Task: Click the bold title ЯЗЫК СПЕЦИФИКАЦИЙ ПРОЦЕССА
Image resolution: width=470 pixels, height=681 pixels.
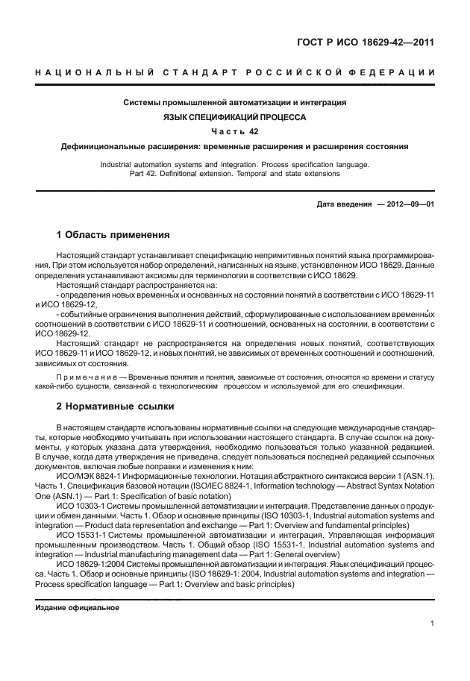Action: [x=234, y=117]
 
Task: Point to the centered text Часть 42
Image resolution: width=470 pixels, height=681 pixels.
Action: [x=234, y=132]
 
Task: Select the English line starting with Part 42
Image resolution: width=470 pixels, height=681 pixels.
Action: [x=234, y=173]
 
